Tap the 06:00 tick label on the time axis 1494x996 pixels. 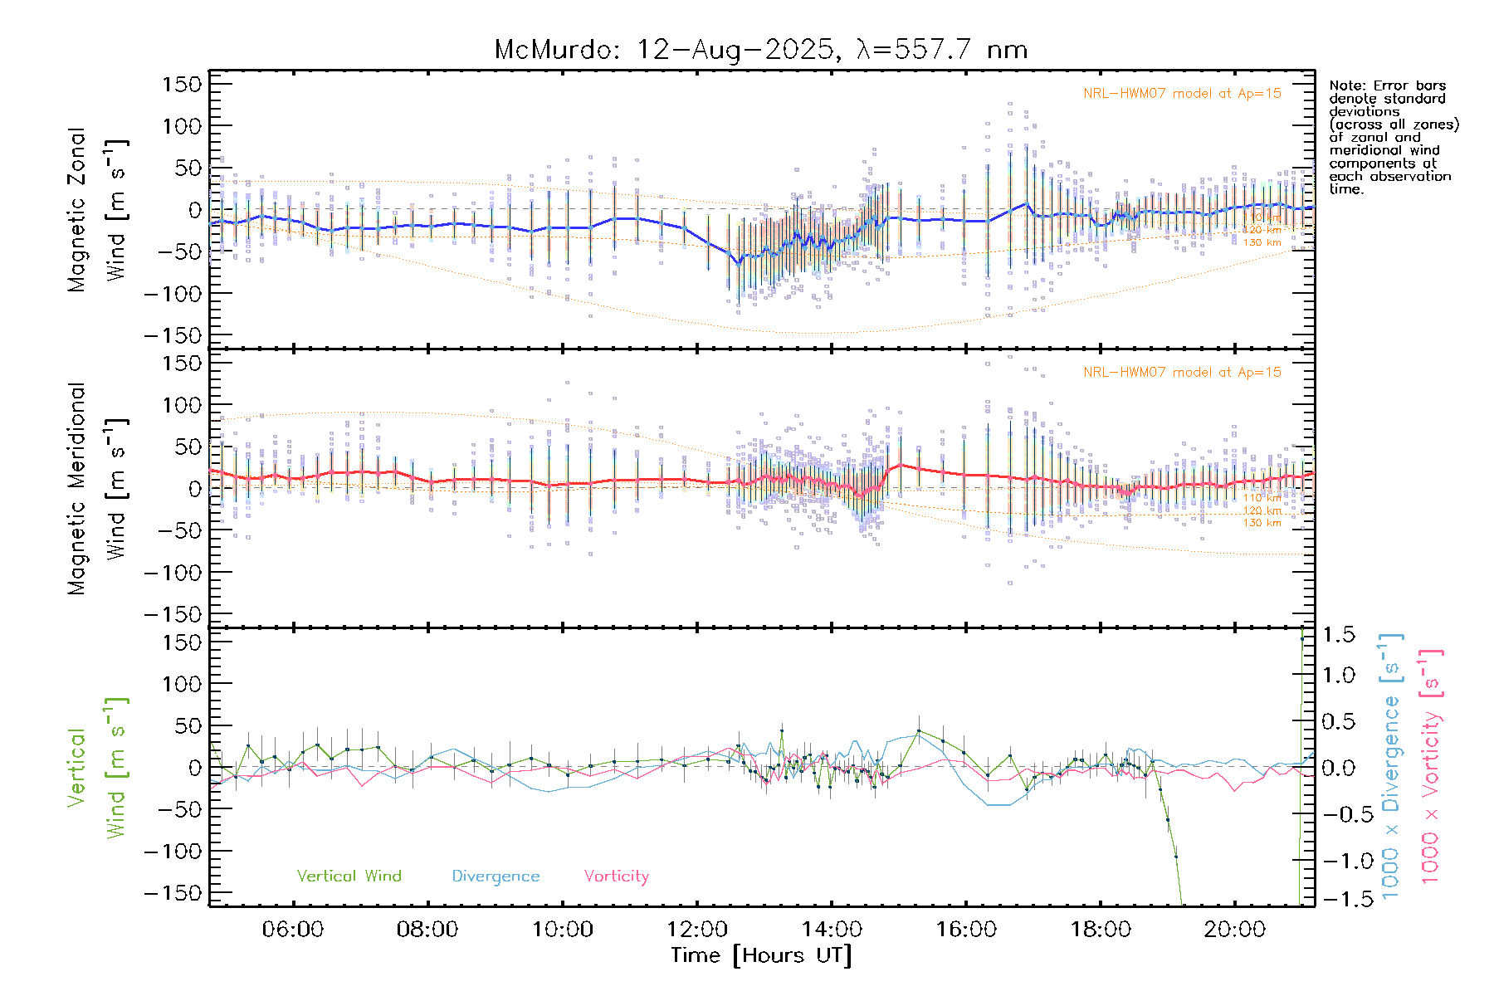pos(293,930)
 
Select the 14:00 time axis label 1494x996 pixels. pos(832,930)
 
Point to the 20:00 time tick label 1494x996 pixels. pos(1235,930)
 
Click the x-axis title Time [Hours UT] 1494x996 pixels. pos(761,955)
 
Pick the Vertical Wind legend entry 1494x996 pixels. pos(349,876)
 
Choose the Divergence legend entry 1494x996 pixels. pos(496,876)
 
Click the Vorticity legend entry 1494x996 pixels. pos(616,876)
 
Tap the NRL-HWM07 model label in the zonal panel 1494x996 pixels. pos(1182,94)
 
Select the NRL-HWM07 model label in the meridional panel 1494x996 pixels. pos(1182,373)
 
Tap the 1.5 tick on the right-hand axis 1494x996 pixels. pos(1339,635)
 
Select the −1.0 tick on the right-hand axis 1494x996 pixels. pos(1339,861)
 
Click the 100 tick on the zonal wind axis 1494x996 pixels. pos(182,126)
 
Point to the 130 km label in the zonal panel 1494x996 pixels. pos(1262,243)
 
